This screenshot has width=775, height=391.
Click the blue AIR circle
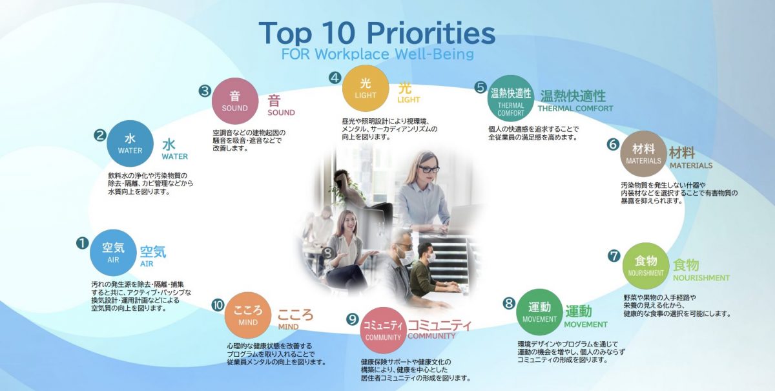(x=113, y=253)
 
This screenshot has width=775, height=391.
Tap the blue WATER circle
(x=130, y=143)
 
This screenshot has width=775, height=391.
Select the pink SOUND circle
(x=235, y=101)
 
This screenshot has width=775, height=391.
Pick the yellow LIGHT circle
(x=366, y=89)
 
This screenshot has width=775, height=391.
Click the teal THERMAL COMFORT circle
(x=511, y=98)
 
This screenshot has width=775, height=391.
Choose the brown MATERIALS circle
(x=643, y=154)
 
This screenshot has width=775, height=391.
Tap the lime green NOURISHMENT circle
(x=646, y=266)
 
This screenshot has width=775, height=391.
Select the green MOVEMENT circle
(x=539, y=312)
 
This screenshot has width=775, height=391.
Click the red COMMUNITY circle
(x=383, y=330)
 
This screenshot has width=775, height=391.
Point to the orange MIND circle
(x=248, y=315)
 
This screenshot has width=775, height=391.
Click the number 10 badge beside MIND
(x=218, y=305)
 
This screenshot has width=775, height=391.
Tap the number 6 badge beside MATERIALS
(x=613, y=144)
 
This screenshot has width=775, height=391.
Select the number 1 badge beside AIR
(x=83, y=243)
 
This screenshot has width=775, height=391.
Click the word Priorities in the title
(x=431, y=33)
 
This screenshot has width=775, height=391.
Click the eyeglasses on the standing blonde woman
(x=429, y=169)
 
